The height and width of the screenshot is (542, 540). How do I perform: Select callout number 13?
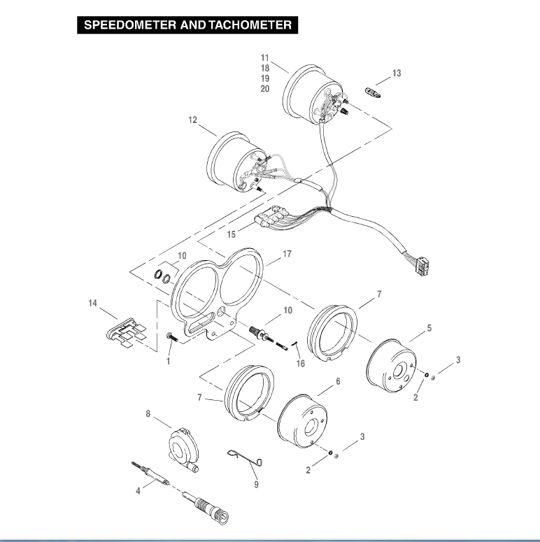coord(397,73)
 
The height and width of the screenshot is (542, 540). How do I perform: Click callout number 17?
coord(287,255)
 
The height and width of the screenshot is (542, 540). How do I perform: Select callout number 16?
coord(301,364)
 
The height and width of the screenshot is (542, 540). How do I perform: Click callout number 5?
coord(429,327)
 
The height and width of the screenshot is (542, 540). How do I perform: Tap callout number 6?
coord(338,382)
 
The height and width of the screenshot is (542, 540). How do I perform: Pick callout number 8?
coord(148,414)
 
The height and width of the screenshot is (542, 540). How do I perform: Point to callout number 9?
coord(256,483)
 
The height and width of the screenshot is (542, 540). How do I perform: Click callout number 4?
coord(138,492)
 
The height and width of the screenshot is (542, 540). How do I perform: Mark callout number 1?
coord(168,362)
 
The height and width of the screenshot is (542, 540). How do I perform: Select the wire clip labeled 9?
coord(246,457)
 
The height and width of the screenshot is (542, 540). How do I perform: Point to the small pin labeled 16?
coord(296,343)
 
